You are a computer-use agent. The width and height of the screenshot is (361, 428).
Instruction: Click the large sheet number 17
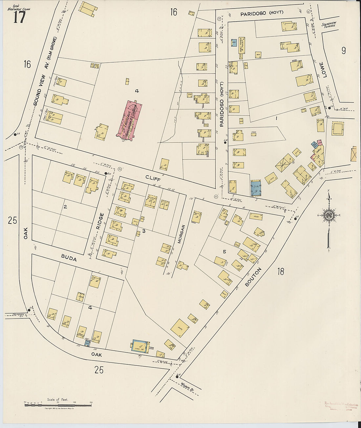point(19,17)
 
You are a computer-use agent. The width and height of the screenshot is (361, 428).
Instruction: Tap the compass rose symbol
point(328,215)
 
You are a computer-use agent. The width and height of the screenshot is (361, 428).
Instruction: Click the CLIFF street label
point(153,177)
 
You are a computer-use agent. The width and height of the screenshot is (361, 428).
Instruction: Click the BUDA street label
point(68,259)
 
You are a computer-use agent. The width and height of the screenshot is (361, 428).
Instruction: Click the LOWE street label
point(325,70)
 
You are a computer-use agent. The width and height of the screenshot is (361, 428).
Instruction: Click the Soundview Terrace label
point(329,25)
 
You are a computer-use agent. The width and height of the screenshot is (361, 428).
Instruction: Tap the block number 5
point(224,252)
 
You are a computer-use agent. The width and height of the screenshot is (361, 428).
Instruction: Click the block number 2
point(65,207)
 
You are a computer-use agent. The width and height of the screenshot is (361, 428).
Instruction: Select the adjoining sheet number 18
point(280,271)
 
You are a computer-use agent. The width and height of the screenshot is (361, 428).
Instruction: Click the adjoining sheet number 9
point(343,51)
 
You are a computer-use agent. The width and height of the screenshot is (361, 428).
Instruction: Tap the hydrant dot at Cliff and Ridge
point(106,173)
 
